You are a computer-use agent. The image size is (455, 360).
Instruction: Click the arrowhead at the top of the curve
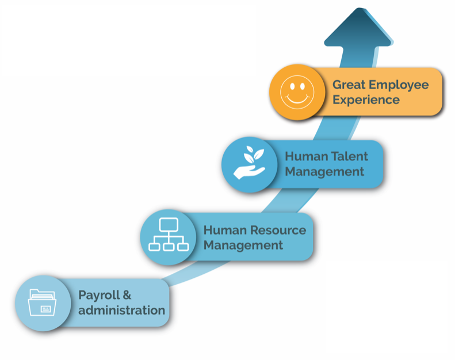point(359,28)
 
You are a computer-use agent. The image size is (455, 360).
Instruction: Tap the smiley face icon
point(297,92)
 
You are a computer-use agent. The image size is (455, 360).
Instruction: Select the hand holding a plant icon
point(249,163)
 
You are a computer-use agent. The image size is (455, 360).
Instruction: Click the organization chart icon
point(169,234)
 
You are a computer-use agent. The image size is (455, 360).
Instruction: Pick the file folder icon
point(43,302)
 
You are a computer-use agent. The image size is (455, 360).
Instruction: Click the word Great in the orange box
point(349,85)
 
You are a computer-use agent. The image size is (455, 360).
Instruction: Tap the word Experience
point(366,100)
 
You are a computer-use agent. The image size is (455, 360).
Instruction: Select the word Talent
point(349,156)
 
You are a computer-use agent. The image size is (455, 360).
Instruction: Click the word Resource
point(278,231)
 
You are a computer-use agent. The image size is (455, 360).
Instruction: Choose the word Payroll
point(99,296)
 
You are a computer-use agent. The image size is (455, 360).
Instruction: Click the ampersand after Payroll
point(127,295)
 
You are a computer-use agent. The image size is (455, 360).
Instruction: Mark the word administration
point(121,310)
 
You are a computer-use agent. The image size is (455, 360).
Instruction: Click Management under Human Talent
point(324,172)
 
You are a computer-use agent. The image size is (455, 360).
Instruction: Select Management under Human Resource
point(243,246)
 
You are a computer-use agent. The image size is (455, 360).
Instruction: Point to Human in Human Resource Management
point(225,231)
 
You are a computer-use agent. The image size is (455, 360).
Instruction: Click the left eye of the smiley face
point(292,86)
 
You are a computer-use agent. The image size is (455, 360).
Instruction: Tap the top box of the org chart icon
point(169,224)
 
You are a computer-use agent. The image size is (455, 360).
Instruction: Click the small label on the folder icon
point(46,309)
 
